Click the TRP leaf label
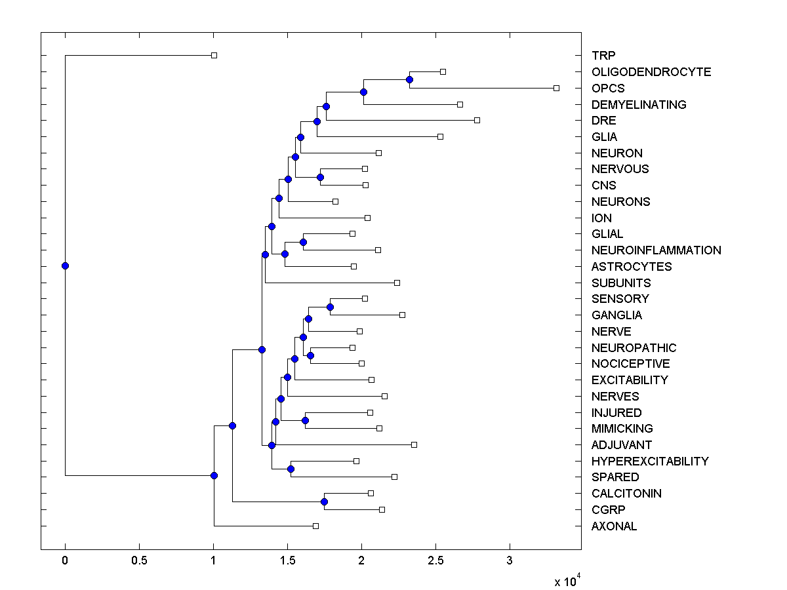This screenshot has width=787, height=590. [x=603, y=56]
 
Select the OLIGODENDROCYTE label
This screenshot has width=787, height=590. [x=651, y=72]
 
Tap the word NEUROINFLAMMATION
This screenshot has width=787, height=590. [x=656, y=250]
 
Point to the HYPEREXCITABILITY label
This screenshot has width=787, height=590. [x=649, y=462]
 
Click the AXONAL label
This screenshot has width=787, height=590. [x=614, y=526]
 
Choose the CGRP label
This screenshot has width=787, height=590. [x=608, y=510]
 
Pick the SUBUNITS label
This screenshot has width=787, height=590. [x=620, y=283]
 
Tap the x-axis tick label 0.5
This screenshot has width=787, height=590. [x=139, y=560]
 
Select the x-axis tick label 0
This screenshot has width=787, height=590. [x=65, y=560]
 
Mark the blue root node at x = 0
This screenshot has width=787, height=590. [x=65, y=265]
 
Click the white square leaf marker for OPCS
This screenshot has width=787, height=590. [x=556, y=88]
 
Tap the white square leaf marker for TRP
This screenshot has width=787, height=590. [x=214, y=56]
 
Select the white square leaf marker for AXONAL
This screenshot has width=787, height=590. [x=315, y=526]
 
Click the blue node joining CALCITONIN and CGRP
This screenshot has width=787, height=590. [x=324, y=501]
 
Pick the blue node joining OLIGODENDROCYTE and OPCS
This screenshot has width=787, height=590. [x=409, y=79]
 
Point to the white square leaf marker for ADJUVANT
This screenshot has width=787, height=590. [x=414, y=444]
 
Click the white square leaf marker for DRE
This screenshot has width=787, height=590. [x=477, y=120]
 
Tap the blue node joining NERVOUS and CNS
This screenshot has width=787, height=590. [x=320, y=177]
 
